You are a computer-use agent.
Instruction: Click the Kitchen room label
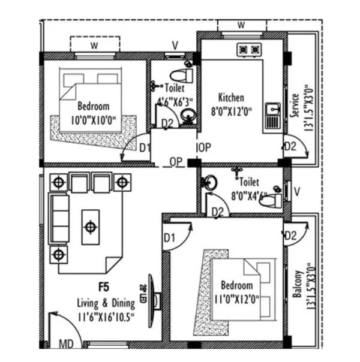pos(231,97)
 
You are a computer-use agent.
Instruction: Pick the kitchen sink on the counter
pos(272,110)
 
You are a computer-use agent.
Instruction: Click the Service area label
pos(295,105)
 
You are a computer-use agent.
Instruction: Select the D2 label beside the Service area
pos(290,146)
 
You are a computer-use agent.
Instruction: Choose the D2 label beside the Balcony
pos(291,235)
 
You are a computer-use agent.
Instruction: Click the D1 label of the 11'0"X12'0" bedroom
pos(169,238)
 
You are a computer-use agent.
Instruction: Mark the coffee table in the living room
pos(90,226)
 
